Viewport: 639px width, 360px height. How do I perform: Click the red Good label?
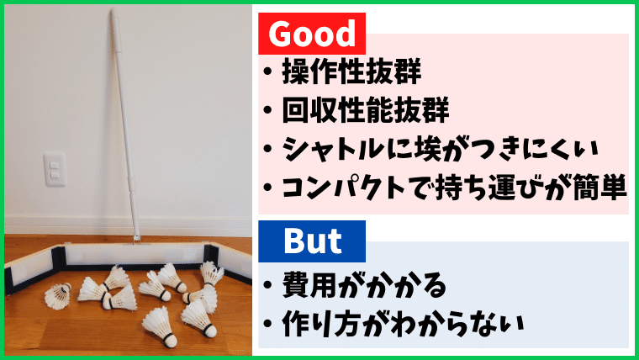click(x=312, y=34)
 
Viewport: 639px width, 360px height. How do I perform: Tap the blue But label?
click(x=312, y=241)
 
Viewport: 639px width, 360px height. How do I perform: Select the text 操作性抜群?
click(x=351, y=71)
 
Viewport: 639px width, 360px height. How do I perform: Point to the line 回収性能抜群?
click(x=366, y=109)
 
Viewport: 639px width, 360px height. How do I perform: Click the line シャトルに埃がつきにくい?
click(x=440, y=148)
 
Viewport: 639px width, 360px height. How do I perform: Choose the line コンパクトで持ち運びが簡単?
click(x=454, y=187)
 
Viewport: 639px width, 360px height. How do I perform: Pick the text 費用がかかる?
click(x=364, y=285)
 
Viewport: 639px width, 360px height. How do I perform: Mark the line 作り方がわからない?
click(x=403, y=324)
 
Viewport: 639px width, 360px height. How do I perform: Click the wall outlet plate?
click(x=55, y=169)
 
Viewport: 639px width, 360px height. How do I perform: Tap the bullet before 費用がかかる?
click(x=267, y=285)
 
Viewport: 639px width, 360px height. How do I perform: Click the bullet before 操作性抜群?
click(x=267, y=71)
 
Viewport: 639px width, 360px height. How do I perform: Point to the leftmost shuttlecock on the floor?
click(x=57, y=296)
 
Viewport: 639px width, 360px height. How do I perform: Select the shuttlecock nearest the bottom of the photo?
click(x=160, y=327)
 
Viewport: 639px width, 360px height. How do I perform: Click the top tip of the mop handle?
click(x=114, y=10)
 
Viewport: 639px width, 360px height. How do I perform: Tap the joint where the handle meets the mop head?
click(x=136, y=241)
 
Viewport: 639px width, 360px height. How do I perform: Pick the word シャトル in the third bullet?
click(x=334, y=148)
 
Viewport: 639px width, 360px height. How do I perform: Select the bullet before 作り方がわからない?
click(x=267, y=324)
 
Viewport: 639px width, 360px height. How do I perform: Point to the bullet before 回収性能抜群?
click(x=267, y=110)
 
